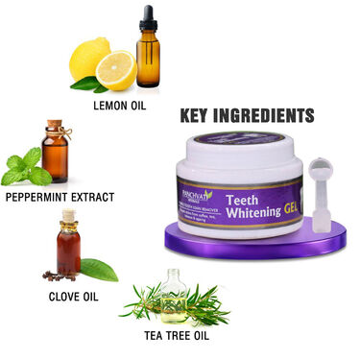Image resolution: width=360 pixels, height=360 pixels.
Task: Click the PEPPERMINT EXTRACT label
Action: coord(60,197)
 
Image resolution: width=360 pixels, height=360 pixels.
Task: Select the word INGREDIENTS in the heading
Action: coord(263,116)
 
